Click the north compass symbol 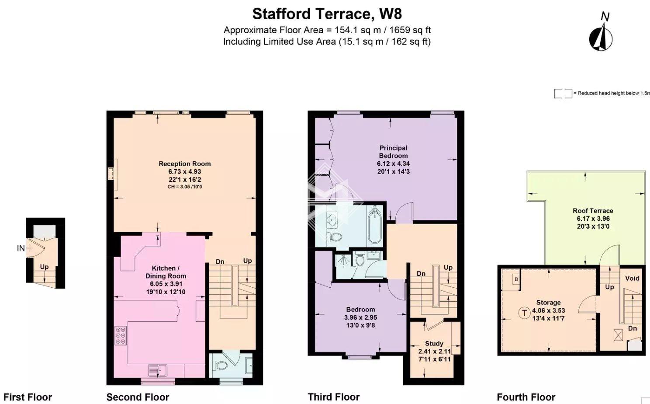(x=601, y=35)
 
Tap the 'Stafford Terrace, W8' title (x=327, y=14)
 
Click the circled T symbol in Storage (x=524, y=313)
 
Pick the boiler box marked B (x=516, y=279)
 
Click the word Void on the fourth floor (x=632, y=278)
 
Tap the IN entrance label (x=21, y=248)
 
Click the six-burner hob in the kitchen (x=121, y=335)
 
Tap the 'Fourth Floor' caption (x=526, y=397)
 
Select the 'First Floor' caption (x=28, y=397)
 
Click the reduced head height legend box (x=563, y=94)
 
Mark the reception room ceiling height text (x=184, y=187)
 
